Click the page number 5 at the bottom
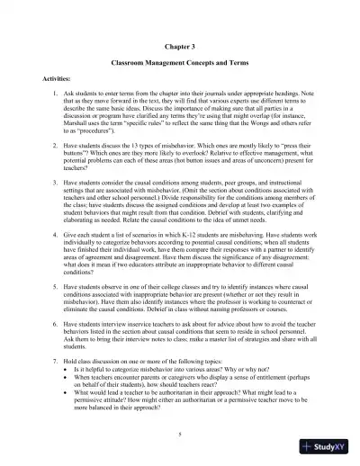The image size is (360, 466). point(180,435)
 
